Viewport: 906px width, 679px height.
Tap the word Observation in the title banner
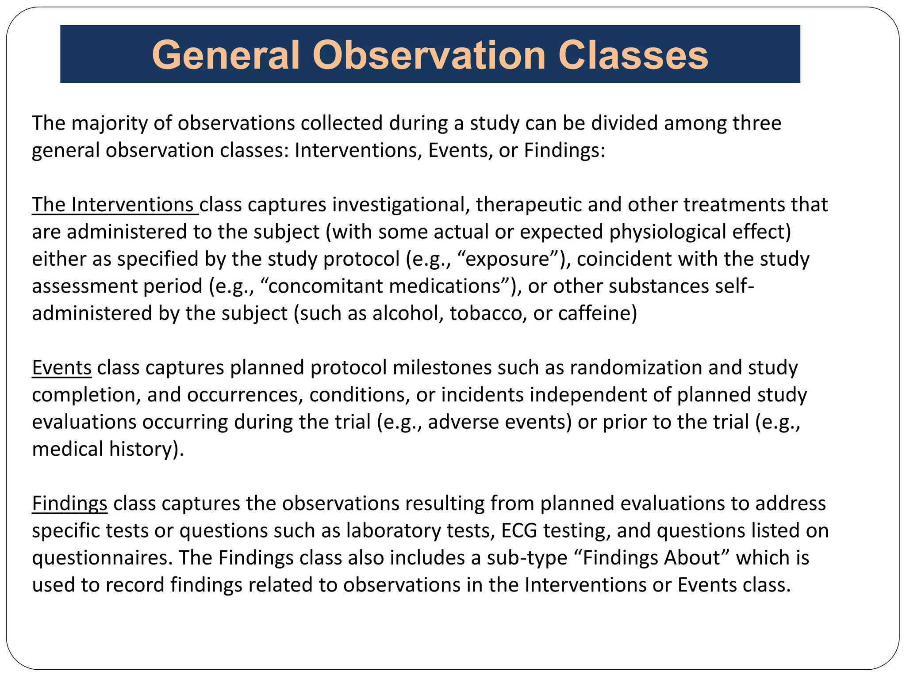[429, 55]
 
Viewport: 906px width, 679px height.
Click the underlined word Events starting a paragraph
[61, 368]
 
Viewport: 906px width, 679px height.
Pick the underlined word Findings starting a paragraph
[69, 504]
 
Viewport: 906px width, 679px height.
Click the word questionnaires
[102, 558]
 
